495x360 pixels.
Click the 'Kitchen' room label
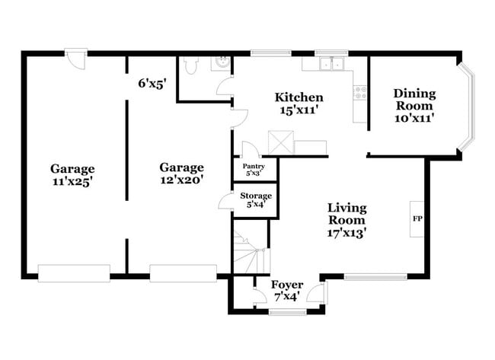coord(299,97)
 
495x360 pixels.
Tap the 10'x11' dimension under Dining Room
coord(414,118)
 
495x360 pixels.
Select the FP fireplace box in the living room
coord(417,219)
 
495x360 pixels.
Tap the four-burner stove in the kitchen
coord(360,95)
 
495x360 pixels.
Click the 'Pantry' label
coord(254,166)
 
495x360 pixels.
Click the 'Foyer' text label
coord(286,284)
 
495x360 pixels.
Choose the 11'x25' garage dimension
coord(72,182)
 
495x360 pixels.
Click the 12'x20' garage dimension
coord(181,180)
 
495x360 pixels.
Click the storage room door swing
coord(225,201)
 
